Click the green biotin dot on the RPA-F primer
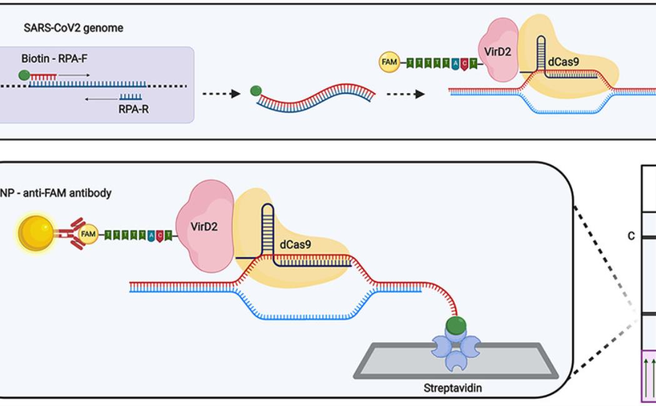pyautogui.click(x=24, y=76)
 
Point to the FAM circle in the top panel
pyautogui.click(x=389, y=62)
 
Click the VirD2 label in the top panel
pyautogui.click(x=499, y=52)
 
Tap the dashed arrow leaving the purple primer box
pyautogui.click(x=221, y=94)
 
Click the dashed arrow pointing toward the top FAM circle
pyautogui.click(x=405, y=94)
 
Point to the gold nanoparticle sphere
pyautogui.click(x=36, y=234)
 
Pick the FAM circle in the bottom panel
pyautogui.click(x=89, y=234)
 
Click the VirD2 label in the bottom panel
pyautogui.click(x=204, y=227)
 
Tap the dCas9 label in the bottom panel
pyautogui.click(x=296, y=245)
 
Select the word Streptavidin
pyautogui.click(x=453, y=388)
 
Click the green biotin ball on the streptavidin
pyautogui.click(x=456, y=325)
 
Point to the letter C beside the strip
pyautogui.click(x=631, y=236)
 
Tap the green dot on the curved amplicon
pyautogui.click(x=256, y=91)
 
